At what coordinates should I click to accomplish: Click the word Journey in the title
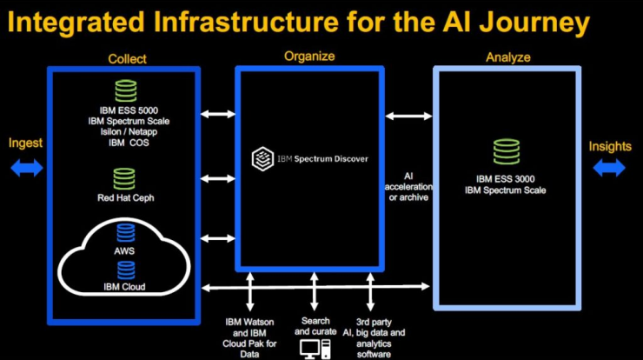[x=534, y=23]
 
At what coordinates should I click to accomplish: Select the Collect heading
[x=127, y=59]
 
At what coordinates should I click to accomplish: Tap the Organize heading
[x=309, y=57]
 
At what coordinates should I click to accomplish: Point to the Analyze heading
[x=508, y=57]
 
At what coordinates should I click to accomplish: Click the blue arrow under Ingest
[x=27, y=168]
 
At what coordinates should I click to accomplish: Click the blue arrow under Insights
[x=609, y=168]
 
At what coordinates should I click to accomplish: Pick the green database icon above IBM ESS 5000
[x=126, y=90]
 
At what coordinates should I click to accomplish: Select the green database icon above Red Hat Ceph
[x=124, y=179]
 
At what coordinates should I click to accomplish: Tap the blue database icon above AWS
[x=125, y=233]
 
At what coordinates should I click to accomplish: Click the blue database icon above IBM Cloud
[x=126, y=270]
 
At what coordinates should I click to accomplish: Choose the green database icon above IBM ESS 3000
[x=507, y=152]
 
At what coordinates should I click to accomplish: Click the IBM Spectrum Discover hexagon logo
[x=262, y=159]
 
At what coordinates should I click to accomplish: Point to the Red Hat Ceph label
[x=126, y=198]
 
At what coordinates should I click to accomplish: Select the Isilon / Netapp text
[x=129, y=132]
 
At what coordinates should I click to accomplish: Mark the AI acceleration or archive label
[x=408, y=187]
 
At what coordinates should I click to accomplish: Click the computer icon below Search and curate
[x=315, y=350]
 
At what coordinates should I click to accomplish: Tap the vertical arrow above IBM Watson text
[x=249, y=291]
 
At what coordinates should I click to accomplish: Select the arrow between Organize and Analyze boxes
[x=408, y=117]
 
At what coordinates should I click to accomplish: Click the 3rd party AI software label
[x=374, y=338]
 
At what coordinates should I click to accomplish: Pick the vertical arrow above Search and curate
[x=315, y=291]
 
